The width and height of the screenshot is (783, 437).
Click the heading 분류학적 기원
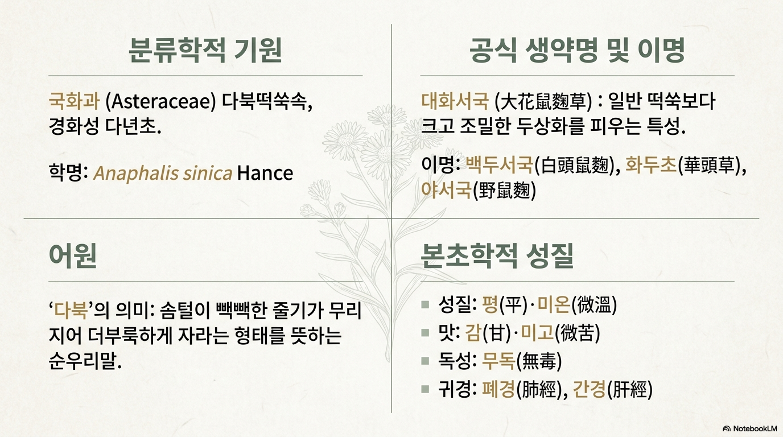205,50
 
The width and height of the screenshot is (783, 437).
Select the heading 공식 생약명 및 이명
577,50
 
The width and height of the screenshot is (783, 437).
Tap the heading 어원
73,255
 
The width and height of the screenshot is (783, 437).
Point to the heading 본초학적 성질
497,255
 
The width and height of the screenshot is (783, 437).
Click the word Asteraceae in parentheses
161,102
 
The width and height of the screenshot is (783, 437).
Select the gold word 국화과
74,101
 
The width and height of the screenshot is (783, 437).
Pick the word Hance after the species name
265,173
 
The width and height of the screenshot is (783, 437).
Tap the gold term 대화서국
455,101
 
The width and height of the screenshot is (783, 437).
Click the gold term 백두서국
499,164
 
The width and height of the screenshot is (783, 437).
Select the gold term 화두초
650,164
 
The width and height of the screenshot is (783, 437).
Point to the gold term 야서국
446,190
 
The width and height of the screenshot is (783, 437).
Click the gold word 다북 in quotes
71,310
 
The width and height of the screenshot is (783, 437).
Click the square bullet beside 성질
425,304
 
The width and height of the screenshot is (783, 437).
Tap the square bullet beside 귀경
425,389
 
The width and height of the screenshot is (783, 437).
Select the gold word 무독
498,361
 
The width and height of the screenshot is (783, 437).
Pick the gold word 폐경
498,389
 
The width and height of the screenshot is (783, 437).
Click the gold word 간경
590,389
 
